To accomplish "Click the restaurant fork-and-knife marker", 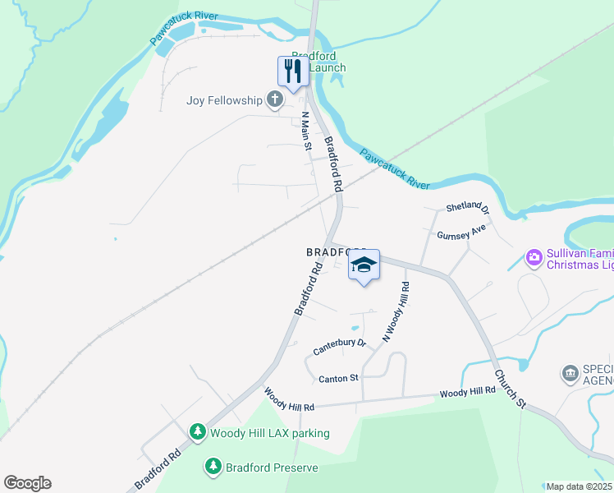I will pos(293,71).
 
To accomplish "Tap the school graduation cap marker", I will pos(364,265).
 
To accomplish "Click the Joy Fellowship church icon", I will pos(274,101).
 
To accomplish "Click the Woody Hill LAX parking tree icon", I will pos(197,432).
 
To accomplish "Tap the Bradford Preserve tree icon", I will pos(213,467).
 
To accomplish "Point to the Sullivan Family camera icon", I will pos(534,258).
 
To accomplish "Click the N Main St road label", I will pos(306,131).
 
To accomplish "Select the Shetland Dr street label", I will pos(467,210).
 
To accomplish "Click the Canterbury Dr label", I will pos(339,348).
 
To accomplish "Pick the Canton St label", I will pos(338,378).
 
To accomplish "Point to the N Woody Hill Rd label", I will pos(396,311).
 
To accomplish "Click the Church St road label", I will pos(510,388).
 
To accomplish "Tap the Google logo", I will pos(27,483).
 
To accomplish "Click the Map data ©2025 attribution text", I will pos(580,486).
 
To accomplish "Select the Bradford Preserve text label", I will pos(272,468).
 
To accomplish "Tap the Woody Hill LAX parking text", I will pos(270,433).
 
